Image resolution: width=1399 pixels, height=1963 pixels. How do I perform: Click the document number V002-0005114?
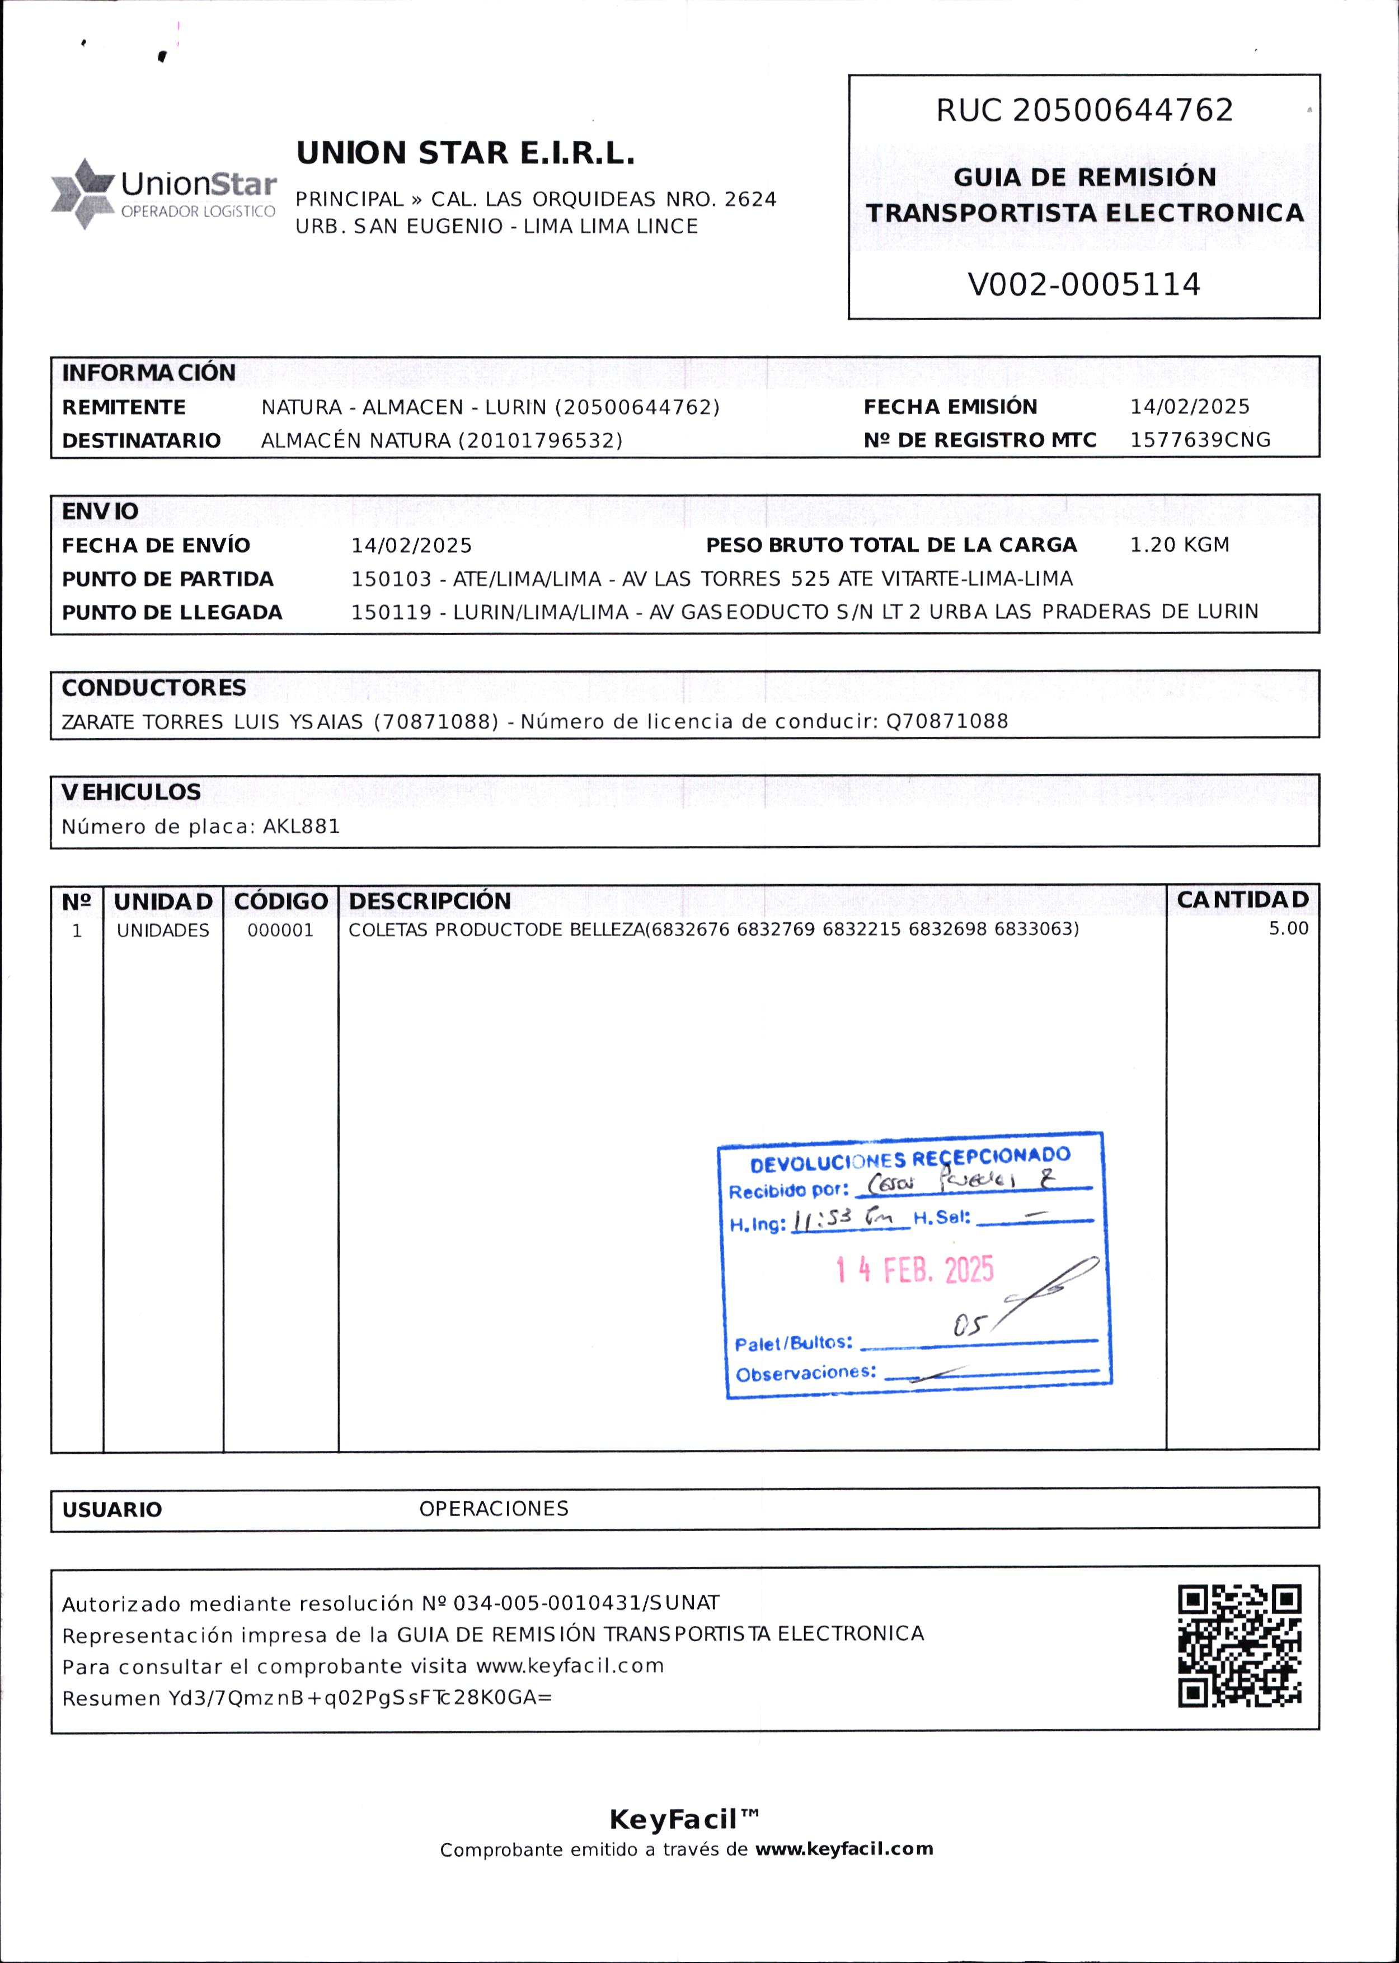1084,284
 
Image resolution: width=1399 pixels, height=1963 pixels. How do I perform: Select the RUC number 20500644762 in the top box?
1123,110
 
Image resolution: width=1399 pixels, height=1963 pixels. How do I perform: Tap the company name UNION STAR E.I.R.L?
465,153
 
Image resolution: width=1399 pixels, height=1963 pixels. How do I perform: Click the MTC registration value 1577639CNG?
1200,440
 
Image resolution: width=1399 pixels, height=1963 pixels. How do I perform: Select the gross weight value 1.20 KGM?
1179,545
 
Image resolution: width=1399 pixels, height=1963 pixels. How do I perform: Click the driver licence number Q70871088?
947,721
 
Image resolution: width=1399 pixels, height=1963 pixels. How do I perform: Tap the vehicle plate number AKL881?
302,827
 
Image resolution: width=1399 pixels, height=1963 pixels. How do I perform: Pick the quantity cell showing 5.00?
1288,928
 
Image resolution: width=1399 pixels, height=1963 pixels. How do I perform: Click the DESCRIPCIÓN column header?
430,901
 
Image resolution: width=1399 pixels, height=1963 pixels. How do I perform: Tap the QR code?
1239,1646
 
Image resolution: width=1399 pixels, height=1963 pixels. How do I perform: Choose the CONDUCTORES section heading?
153,687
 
